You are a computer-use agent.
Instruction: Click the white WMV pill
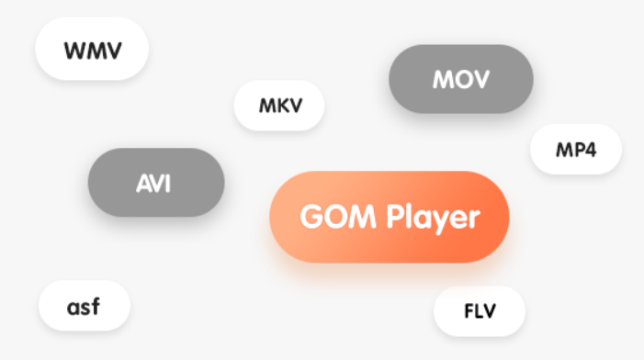[92, 49]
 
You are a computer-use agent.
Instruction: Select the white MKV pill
[279, 106]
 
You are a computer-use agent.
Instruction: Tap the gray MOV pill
[461, 79]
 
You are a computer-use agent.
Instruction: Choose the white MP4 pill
[576, 150]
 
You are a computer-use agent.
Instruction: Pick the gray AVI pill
[156, 182]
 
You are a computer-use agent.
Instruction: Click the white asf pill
[85, 306]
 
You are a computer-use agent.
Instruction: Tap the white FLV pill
[480, 311]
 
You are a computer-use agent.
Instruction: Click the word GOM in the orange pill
[337, 217]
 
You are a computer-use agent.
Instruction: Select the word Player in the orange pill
[433, 219]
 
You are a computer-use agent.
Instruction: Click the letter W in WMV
[76, 51]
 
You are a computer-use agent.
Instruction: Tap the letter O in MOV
[461, 79]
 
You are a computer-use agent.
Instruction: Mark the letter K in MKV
[281, 106]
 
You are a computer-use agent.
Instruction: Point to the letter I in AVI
[167, 184]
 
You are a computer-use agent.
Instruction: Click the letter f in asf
[96, 307]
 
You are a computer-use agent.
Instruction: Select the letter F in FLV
[469, 311]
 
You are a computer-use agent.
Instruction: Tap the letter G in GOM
[311, 217]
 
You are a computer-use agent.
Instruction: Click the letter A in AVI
[142, 184]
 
